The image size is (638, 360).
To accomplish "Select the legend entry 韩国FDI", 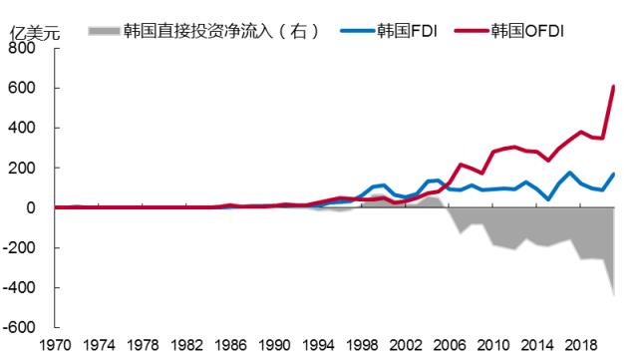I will pyautogui.click(x=405, y=30).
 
